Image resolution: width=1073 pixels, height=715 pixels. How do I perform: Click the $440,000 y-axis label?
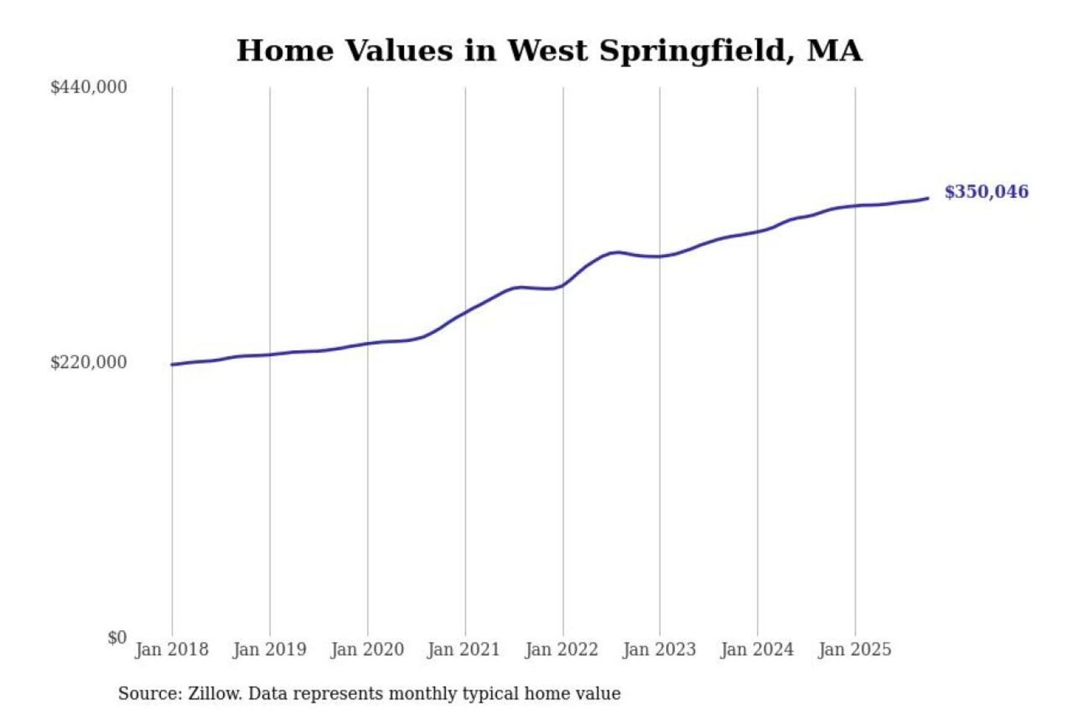89,87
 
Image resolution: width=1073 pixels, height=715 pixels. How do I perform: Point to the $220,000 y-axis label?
89,363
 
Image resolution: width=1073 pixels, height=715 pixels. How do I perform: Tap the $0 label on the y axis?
117,638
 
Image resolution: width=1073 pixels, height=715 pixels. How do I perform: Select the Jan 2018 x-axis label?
171,649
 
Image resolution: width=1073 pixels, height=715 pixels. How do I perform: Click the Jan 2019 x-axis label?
269,649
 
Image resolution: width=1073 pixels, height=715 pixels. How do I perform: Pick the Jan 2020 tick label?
367,649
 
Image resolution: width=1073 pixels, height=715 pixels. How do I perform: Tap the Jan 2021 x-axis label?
463,649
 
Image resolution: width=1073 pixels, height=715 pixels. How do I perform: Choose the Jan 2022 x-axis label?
561,649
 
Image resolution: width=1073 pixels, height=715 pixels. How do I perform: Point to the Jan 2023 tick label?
659,649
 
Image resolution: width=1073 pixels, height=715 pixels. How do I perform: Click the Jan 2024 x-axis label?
756,649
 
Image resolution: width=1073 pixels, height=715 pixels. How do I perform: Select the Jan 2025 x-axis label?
854,649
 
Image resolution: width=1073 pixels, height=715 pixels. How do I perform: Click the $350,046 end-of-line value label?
986,192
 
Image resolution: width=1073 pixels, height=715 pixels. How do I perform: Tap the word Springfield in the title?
697,51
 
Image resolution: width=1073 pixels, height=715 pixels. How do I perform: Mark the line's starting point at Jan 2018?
172,364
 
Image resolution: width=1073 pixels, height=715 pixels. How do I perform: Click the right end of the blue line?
928,198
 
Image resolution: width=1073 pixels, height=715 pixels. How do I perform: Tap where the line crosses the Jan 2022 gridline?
563,285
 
